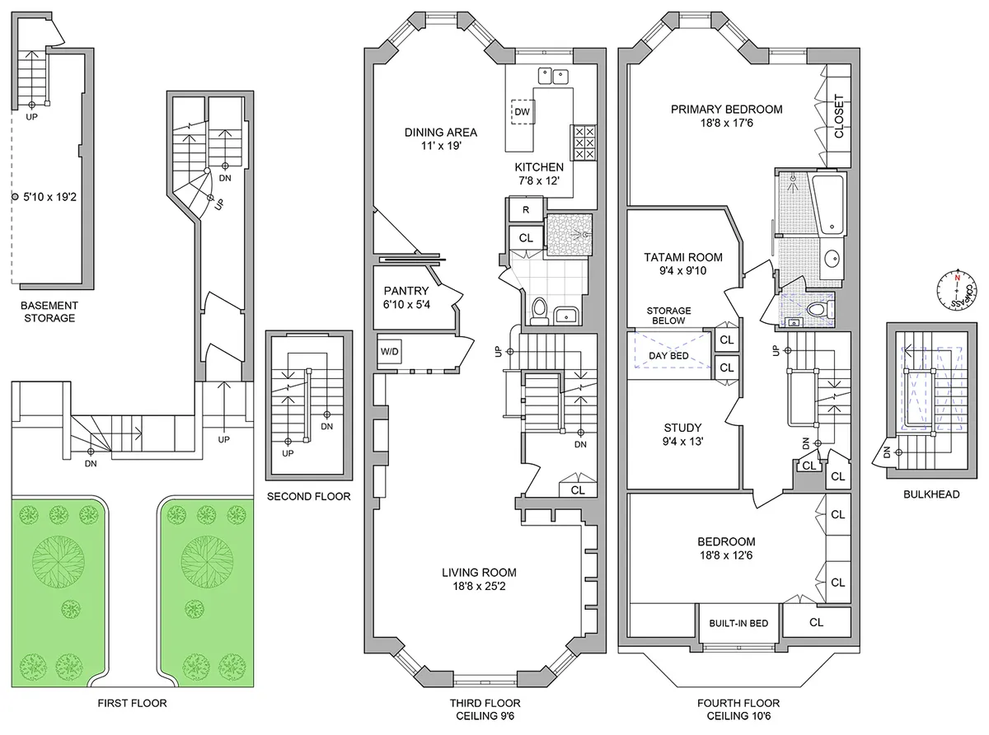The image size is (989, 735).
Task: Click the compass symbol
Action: point(957,289)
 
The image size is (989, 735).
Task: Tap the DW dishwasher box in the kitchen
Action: point(523,111)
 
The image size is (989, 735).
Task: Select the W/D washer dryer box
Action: point(389,352)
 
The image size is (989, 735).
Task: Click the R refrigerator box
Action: point(525,210)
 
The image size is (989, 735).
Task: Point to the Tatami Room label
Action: point(682,257)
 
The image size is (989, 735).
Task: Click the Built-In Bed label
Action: point(738,623)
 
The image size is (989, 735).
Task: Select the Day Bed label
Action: point(668,356)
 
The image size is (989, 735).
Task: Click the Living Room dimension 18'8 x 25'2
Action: point(478,587)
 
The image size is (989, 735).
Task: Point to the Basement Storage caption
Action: point(49,311)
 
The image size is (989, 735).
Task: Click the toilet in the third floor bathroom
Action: point(540,311)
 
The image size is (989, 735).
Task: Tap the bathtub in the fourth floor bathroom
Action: point(827,202)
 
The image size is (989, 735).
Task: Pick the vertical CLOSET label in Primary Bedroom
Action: point(839,117)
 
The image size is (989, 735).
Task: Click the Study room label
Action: point(682,428)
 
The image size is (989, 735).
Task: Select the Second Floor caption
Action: point(309,496)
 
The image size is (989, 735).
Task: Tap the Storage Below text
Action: point(668,316)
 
